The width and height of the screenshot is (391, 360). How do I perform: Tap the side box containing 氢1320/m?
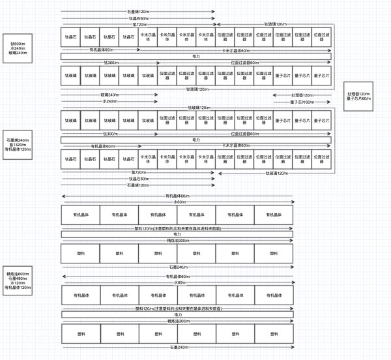coord(18,145)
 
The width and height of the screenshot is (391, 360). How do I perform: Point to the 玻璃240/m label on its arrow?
coord(109,95)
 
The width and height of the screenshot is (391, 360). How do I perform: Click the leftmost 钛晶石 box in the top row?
coord(70,37)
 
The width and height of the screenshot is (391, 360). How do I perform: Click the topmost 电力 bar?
coord(196,56)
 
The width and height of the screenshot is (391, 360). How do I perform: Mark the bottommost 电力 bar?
coord(177,315)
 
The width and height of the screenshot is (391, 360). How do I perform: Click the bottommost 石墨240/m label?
coord(177,346)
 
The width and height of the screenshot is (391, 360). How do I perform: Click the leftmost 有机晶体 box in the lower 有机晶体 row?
coord(80,295)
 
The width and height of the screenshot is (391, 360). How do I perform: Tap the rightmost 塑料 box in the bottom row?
coord(274,333)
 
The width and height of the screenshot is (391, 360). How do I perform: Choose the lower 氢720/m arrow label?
coord(138,172)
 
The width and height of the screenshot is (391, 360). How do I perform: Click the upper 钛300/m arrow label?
coord(111,62)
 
